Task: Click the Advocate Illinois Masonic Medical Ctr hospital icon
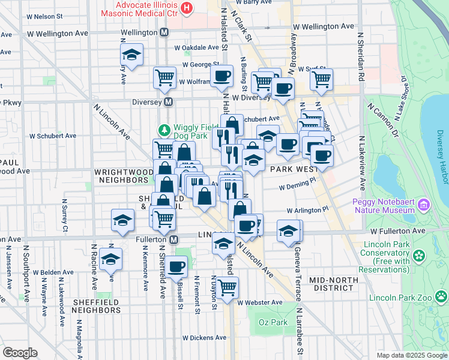(187, 8)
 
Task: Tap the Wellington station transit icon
(164, 32)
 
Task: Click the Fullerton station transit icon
(174, 239)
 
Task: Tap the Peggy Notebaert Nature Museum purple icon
(424, 206)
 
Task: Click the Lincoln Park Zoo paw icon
(441, 296)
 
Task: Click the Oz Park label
(270, 323)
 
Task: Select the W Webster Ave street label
(259, 302)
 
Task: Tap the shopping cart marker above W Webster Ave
(228, 287)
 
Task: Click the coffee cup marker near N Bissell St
(176, 266)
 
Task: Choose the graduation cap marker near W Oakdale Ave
(131, 55)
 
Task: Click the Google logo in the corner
(20, 353)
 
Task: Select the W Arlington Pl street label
(307, 211)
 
